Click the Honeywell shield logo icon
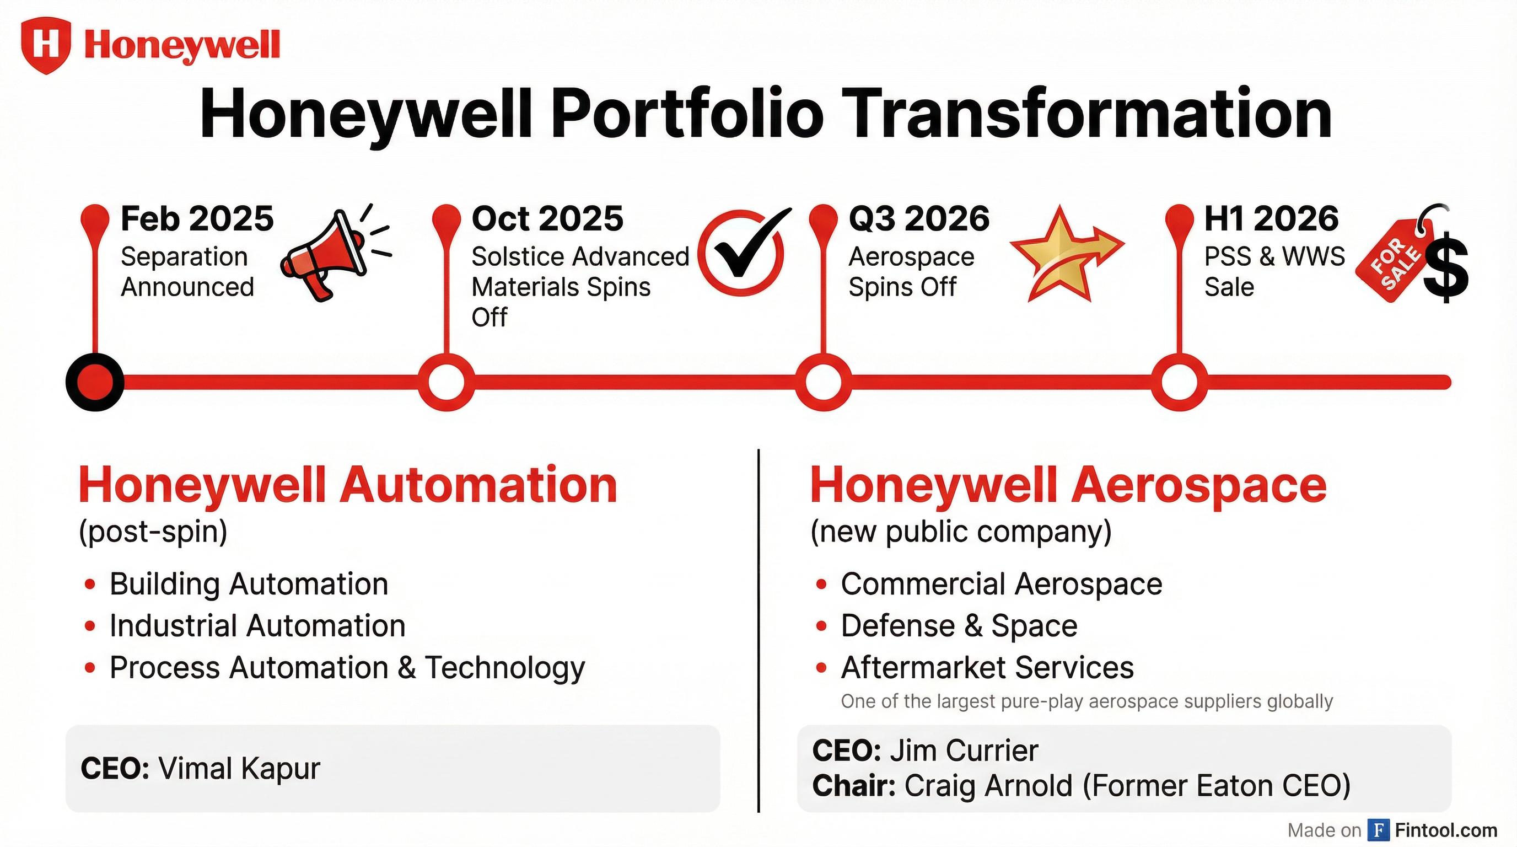pos(45,45)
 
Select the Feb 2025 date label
pos(197,218)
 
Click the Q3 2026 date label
pos(919,218)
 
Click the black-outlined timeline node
pos(95,382)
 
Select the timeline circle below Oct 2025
pos(447,382)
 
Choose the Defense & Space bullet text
pos(959,625)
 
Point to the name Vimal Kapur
pos(239,768)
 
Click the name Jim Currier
pos(964,750)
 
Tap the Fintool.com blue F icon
pos(1378,830)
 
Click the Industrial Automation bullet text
pos(257,625)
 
